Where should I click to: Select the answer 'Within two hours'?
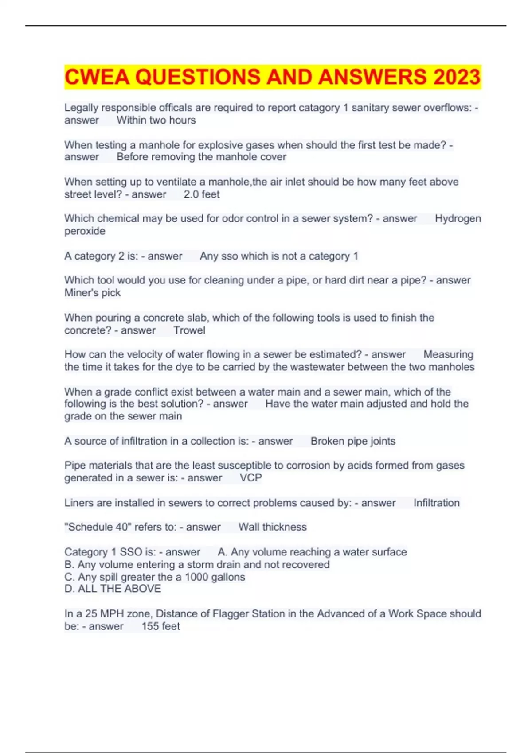click(x=156, y=120)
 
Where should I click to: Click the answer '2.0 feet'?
click(x=202, y=194)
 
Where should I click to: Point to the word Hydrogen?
click(x=458, y=218)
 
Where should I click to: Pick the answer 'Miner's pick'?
click(x=92, y=293)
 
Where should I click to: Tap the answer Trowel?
click(x=189, y=330)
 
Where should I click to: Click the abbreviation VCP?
click(x=251, y=477)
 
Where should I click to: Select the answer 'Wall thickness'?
click(x=272, y=527)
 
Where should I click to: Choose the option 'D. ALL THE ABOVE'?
click(x=113, y=589)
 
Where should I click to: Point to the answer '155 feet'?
click(x=160, y=626)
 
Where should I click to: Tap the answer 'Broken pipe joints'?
click(x=353, y=441)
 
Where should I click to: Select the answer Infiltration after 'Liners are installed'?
click(x=436, y=503)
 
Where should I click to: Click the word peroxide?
click(x=85, y=231)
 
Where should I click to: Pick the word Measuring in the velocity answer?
click(x=448, y=354)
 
